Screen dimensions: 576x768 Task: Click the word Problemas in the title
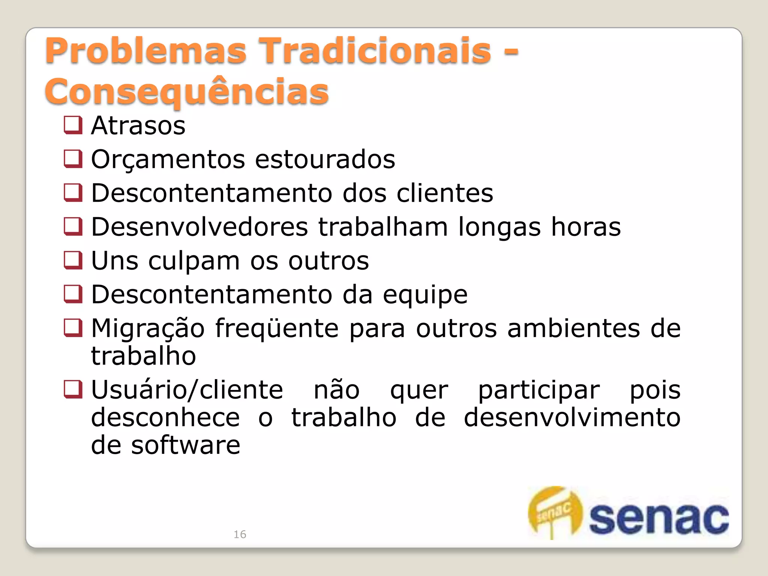pyautogui.click(x=145, y=51)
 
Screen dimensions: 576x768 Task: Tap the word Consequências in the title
pyautogui.click(x=186, y=92)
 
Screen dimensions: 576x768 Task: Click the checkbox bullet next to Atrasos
pyautogui.click(x=73, y=125)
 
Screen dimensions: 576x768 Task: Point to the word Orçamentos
pyautogui.click(x=167, y=159)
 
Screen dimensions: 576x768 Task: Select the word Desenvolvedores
pyautogui.click(x=199, y=227)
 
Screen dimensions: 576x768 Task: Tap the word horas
pyautogui.click(x=586, y=227)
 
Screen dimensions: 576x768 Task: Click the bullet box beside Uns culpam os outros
pyautogui.click(x=73, y=260)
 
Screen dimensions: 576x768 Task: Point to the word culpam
pyautogui.click(x=194, y=261)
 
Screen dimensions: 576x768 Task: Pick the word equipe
pyautogui.click(x=425, y=295)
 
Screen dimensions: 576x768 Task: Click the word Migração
pyautogui.click(x=148, y=329)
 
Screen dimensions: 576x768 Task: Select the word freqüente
pyautogui.click(x=277, y=328)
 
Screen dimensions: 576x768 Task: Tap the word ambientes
pyautogui.click(x=573, y=328)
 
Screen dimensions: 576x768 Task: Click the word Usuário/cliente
pyautogui.click(x=187, y=390)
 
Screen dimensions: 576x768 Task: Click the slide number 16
pyautogui.click(x=240, y=534)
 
